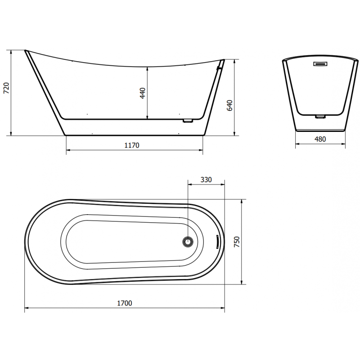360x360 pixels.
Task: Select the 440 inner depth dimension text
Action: [143, 94]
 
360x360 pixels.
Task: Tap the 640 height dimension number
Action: [229, 105]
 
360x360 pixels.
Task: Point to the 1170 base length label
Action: [131, 145]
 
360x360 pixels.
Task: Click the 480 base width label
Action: [320, 139]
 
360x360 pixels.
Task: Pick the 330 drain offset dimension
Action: [206, 180]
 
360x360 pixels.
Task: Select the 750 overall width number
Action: [237, 241]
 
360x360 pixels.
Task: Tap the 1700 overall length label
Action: [124, 303]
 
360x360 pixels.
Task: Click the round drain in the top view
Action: [188, 242]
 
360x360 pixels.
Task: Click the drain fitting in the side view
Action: [188, 121]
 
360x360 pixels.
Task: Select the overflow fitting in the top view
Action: [217, 242]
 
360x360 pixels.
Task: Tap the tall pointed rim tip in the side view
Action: [26, 50]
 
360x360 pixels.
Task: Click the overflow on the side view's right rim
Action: [219, 67]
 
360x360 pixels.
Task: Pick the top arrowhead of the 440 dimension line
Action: [148, 67]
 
